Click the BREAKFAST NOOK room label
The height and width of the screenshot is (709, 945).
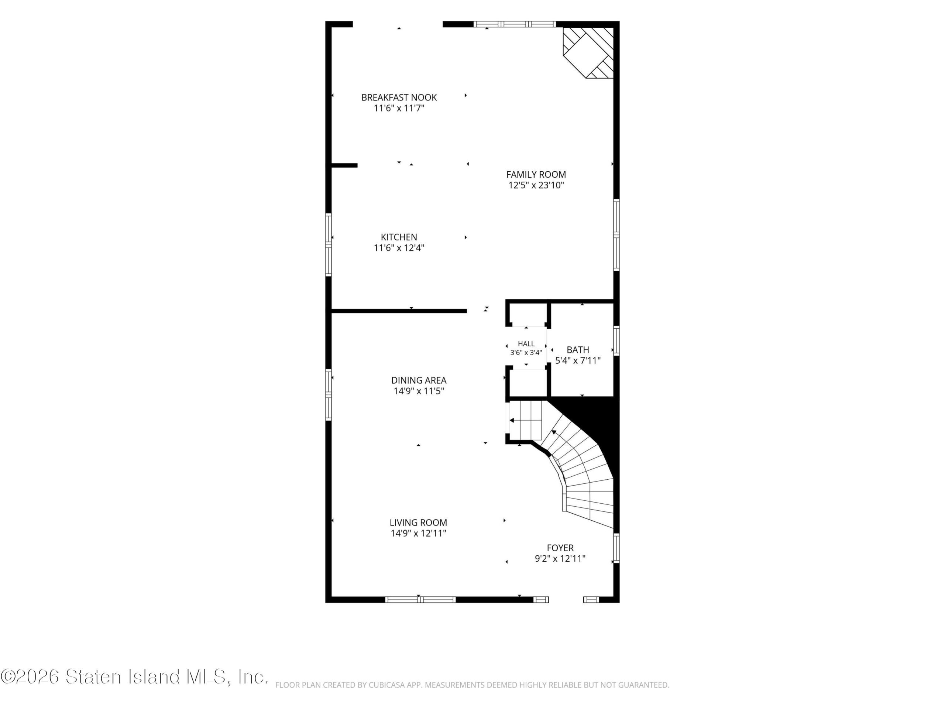pyautogui.click(x=399, y=97)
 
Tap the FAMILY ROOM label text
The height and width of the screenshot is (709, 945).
pyautogui.click(x=536, y=174)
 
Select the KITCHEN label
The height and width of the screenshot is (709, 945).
pyautogui.click(x=399, y=237)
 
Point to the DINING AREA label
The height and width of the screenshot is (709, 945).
pyautogui.click(x=419, y=380)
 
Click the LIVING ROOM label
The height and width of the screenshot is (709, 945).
pyautogui.click(x=418, y=522)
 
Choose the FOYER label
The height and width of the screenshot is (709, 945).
pyautogui.click(x=560, y=548)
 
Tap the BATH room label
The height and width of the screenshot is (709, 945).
pyautogui.click(x=578, y=350)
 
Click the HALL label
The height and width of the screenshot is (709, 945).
pyautogui.click(x=526, y=343)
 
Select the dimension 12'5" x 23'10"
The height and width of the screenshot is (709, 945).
pyautogui.click(x=536, y=185)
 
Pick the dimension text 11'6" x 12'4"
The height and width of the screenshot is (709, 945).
pyautogui.click(x=399, y=248)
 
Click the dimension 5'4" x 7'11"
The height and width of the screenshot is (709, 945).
pyautogui.click(x=578, y=361)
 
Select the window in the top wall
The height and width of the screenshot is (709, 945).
pyautogui.click(x=514, y=24)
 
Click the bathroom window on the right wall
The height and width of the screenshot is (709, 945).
pyautogui.click(x=616, y=340)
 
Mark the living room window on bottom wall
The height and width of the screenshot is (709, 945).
pyautogui.click(x=420, y=600)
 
